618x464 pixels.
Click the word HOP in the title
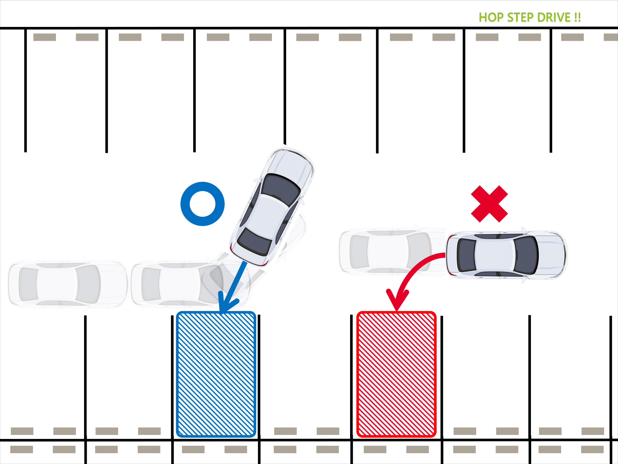click(491, 17)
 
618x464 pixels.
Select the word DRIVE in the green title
click(554, 17)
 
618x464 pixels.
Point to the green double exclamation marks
click(578, 17)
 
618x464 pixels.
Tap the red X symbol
click(489, 204)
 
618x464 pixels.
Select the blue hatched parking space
click(216, 374)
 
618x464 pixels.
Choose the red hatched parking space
click(396, 374)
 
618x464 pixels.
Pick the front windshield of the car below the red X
click(526, 255)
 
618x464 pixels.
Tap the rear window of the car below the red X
click(466, 255)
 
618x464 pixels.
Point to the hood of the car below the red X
click(552, 255)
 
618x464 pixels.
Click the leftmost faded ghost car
click(68, 284)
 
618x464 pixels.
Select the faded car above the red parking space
click(392, 251)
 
